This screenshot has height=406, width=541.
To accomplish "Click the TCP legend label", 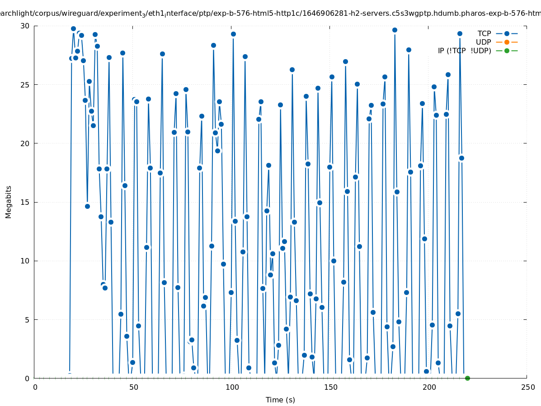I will (484, 33).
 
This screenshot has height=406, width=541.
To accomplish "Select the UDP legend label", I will (483, 42).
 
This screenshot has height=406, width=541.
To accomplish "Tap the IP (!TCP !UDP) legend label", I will (464, 51).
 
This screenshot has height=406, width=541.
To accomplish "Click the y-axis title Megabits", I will (9, 202).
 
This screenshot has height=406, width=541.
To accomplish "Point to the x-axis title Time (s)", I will (280, 400).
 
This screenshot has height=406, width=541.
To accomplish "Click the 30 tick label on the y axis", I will (25, 26).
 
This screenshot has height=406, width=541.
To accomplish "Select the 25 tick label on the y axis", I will (25, 85).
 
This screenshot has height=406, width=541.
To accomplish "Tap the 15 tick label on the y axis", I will (25, 202).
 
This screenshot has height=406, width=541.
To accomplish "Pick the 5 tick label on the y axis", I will (27, 319).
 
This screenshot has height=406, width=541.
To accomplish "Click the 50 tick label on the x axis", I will (133, 388).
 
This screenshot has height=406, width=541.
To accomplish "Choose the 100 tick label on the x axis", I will (232, 388).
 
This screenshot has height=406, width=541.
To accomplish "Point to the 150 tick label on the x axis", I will (330, 388).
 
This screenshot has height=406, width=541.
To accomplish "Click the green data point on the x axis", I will (467, 378).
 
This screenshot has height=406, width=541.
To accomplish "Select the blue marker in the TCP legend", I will (507, 33).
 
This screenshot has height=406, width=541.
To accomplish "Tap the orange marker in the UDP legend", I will (507, 42).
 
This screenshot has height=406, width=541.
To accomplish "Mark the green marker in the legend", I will (507, 51).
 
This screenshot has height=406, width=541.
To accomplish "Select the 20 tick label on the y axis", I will (25, 143).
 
